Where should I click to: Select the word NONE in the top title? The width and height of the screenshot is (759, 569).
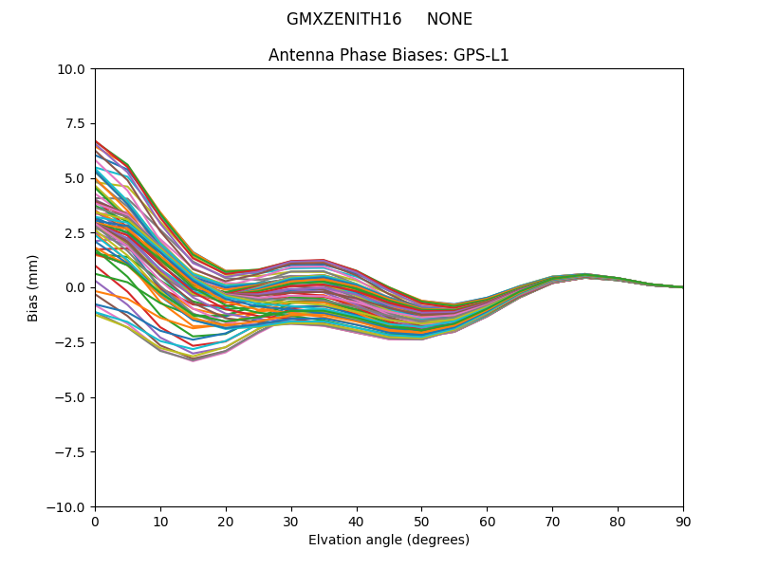[450, 19]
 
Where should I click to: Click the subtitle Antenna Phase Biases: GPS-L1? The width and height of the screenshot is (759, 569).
[389, 55]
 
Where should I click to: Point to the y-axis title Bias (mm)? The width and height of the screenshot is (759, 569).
[33, 287]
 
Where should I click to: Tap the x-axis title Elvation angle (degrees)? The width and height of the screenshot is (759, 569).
[389, 540]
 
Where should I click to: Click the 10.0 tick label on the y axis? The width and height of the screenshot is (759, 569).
[74, 69]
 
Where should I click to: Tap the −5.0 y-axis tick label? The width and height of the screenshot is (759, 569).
[73, 397]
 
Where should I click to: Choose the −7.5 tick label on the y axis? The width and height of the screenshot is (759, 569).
[73, 451]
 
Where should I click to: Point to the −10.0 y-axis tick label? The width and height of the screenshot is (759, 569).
[69, 506]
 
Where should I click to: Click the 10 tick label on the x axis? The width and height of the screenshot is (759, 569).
[160, 521]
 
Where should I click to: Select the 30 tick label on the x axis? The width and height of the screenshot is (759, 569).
[291, 521]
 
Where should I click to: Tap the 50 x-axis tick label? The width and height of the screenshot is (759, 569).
[421, 521]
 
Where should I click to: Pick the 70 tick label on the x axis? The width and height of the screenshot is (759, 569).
[552, 521]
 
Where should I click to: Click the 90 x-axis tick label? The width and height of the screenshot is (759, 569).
[683, 521]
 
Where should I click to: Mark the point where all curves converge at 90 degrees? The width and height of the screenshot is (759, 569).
[682, 287]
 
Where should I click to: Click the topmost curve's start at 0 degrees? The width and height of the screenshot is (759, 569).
[96, 140]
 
